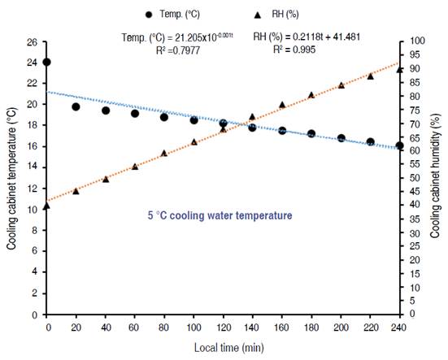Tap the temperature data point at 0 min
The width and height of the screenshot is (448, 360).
click(x=46, y=62)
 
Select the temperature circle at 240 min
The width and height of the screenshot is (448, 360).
click(x=399, y=145)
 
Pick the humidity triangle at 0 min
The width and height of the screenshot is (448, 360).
click(x=46, y=205)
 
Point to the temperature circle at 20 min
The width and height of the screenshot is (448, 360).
click(x=76, y=106)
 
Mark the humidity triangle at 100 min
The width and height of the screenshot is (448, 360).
click(x=194, y=141)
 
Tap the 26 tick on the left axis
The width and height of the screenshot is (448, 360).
click(x=33, y=41)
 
